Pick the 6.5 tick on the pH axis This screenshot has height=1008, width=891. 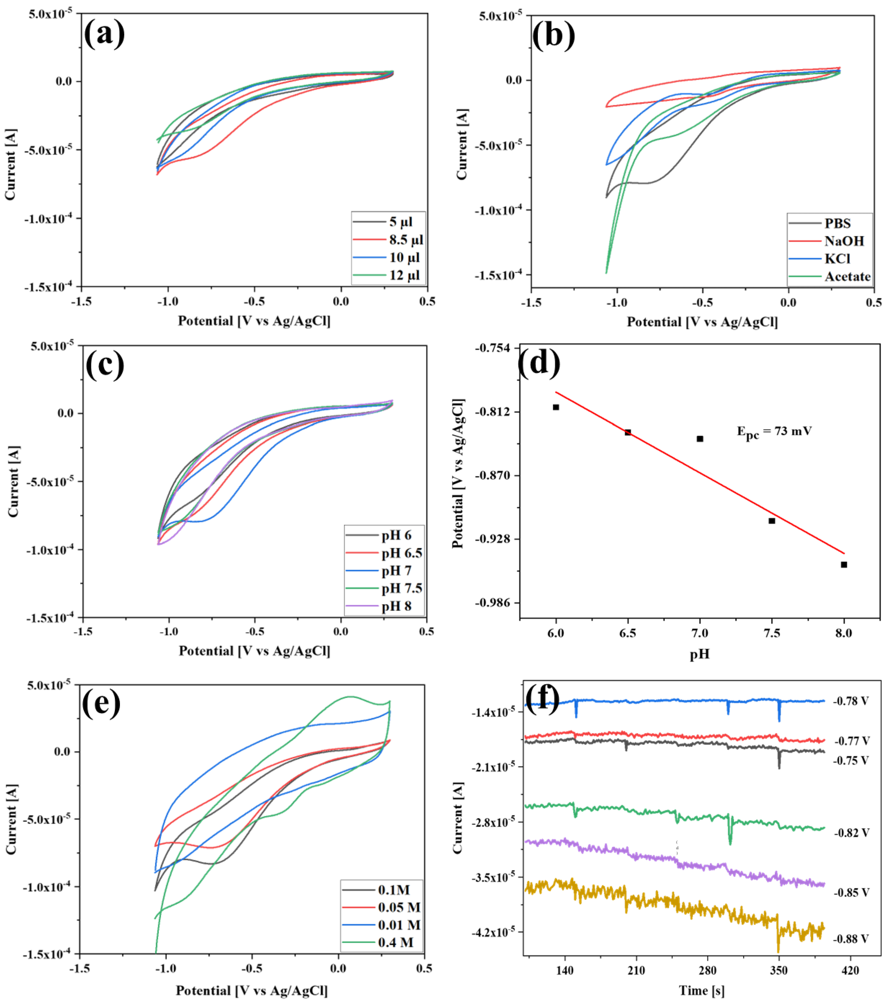(627, 633)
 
